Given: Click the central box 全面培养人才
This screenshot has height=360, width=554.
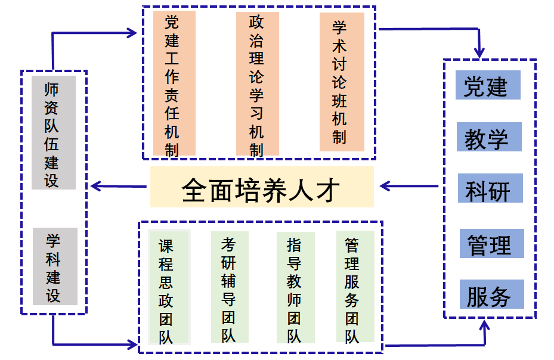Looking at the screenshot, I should pyautogui.click(x=262, y=187).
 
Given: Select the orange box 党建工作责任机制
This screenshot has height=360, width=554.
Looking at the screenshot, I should pyautogui.click(x=174, y=83).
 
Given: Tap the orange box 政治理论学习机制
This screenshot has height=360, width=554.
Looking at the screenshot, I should pyautogui.click(x=257, y=83).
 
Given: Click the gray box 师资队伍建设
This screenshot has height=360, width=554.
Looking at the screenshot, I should pyautogui.click(x=54, y=132).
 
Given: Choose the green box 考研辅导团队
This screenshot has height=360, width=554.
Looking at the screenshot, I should pyautogui.click(x=230, y=287).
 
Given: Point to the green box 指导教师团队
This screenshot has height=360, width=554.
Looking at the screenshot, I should pyautogui.click(x=295, y=287).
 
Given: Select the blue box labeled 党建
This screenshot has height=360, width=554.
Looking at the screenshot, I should pyautogui.click(x=487, y=85).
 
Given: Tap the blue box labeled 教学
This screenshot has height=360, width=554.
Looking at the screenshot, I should pyautogui.click(x=488, y=137).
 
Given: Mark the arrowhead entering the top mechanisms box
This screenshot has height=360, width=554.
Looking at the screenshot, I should pyautogui.click(x=132, y=32).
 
